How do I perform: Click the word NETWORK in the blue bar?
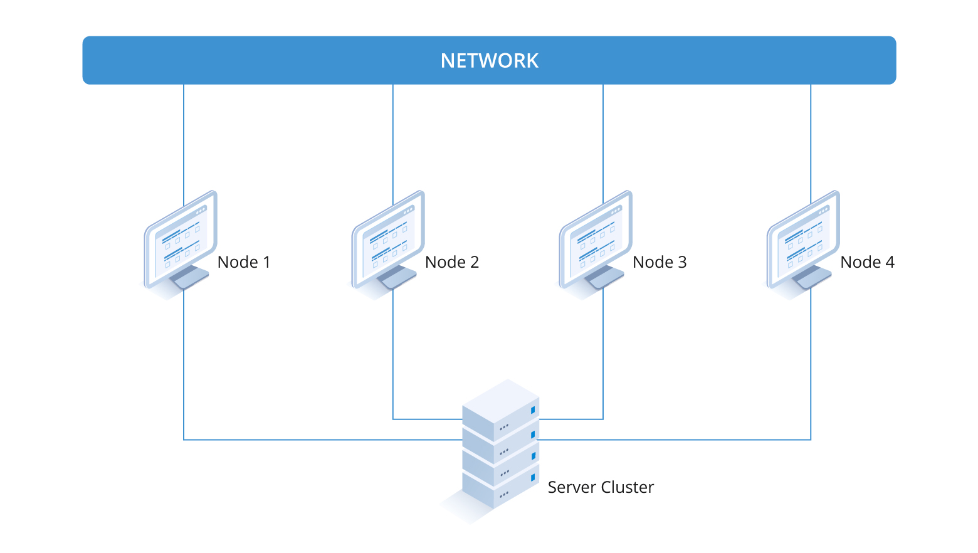[489, 61]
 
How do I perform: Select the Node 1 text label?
[244, 262]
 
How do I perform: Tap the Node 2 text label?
[451, 262]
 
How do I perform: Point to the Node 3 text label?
[660, 262]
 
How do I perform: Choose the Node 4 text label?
[867, 262]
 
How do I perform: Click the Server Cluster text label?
[600, 487]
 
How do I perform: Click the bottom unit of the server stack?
[500, 492]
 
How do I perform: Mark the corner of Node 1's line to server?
[184, 440]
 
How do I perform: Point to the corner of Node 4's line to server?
[811, 440]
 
